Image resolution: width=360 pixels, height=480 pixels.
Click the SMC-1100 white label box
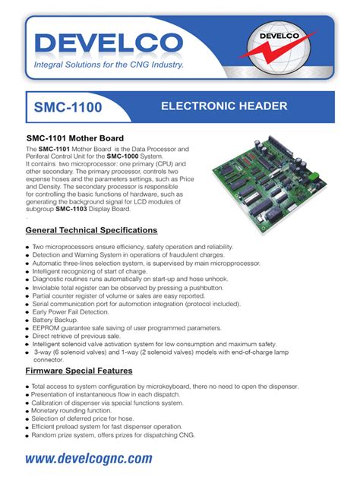click(68, 108)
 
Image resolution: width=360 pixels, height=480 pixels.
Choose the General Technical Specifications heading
click(91, 229)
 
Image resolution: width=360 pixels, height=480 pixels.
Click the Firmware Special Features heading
click(79, 371)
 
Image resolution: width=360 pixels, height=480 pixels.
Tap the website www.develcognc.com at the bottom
click(89, 458)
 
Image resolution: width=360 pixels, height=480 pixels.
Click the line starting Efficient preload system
click(107, 427)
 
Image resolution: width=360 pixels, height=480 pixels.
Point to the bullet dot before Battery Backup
click(28, 321)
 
